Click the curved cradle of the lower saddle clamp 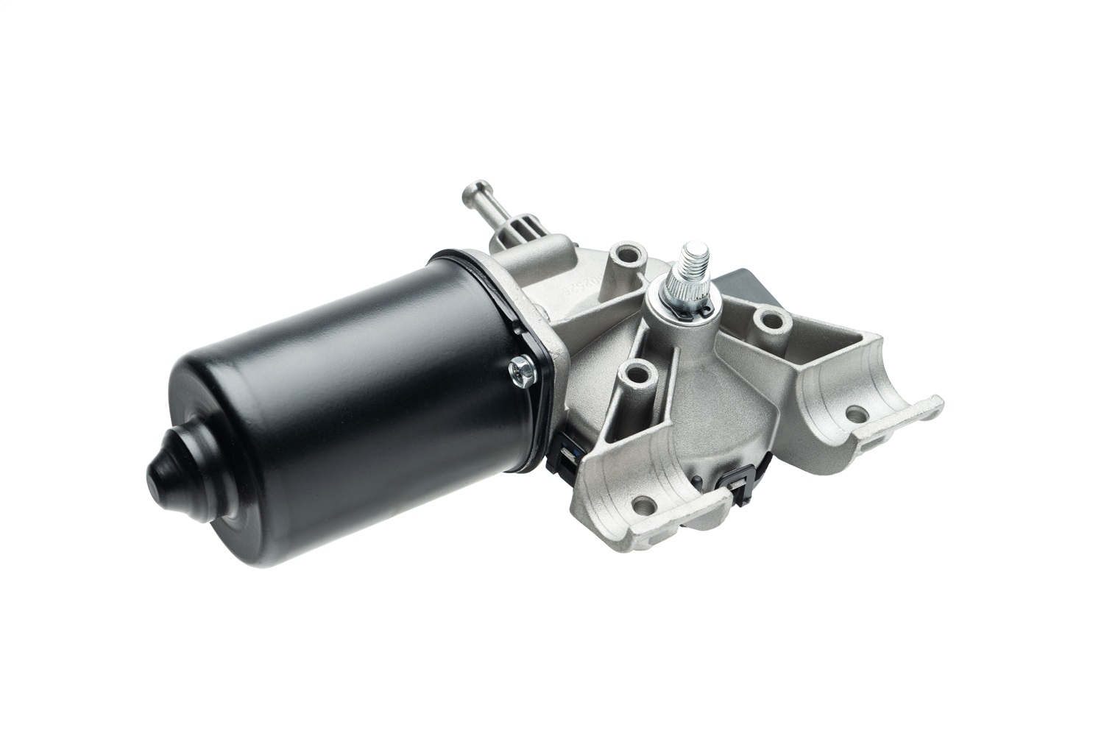[x=648, y=471]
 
